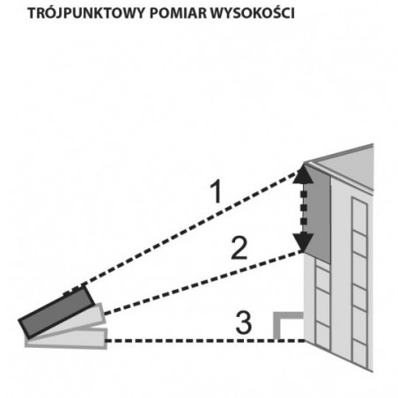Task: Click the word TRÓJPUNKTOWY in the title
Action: (x=86, y=14)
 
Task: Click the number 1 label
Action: (x=217, y=192)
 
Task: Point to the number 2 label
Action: (x=240, y=248)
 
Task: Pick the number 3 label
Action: (x=244, y=323)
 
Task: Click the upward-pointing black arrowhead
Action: (x=304, y=174)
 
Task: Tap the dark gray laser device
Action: (x=56, y=312)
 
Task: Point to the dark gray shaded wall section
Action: (x=317, y=214)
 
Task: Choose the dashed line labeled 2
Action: (x=203, y=283)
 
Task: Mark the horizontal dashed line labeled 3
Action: (x=204, y=341)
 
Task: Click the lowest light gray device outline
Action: (x=66, y=339)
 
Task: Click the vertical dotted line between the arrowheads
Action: (x=304, y=208)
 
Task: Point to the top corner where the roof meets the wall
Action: (x=304, y=162)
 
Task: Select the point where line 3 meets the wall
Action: (x=305, y=341)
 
